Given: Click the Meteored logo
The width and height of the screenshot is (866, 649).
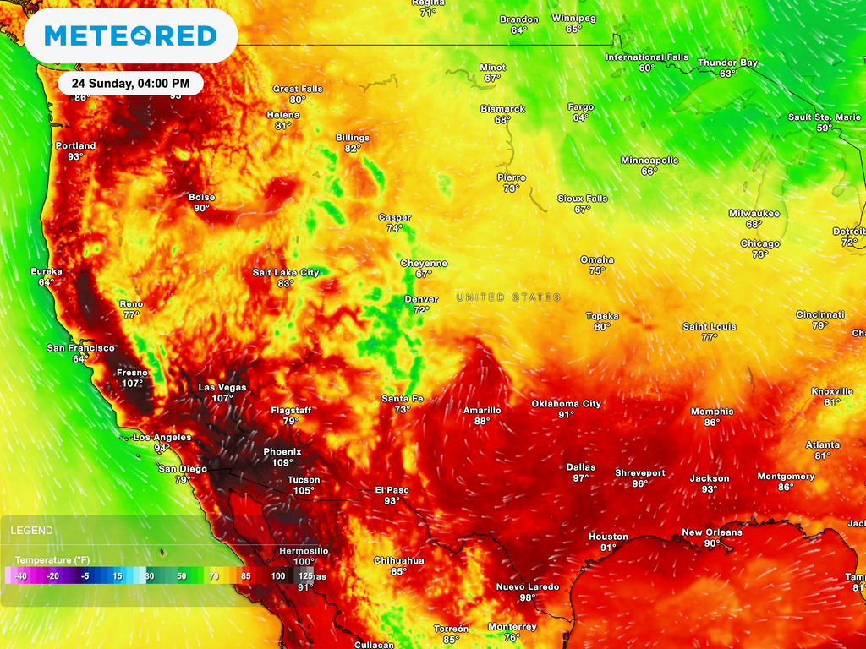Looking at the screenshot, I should (130, 35).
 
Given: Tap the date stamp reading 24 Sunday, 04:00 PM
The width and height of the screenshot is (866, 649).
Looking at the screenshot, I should (130, 84).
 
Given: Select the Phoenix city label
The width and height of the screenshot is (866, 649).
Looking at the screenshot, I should (282, 451).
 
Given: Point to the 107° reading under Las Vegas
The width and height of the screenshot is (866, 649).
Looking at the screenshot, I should (222, 399).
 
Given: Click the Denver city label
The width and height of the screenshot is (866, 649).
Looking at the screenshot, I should (421, 299).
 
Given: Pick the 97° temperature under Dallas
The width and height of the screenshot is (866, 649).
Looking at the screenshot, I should (581, 478).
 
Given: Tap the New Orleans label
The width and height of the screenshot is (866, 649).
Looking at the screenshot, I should (712, 532).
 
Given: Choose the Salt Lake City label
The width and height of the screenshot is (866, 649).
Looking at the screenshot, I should (286, 272).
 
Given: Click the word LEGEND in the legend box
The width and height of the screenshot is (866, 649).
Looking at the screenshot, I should (31, 531).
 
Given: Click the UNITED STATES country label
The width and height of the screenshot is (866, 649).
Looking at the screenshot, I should (508, 297).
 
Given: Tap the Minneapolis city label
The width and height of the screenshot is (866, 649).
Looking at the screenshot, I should (649, 160).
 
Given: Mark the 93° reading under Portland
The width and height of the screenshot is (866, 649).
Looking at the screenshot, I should (76, 157).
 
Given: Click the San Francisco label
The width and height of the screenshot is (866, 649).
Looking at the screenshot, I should (80, 348).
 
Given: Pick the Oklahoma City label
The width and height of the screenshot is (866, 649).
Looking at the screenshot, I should (566, 404).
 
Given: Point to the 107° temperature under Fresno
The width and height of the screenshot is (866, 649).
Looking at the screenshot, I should (132, 384).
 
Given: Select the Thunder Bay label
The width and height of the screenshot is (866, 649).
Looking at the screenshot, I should (727, 63).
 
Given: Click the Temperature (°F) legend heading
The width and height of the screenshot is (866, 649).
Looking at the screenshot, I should (52, 559).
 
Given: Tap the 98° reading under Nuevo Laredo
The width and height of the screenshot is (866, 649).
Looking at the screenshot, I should (528, 598).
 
